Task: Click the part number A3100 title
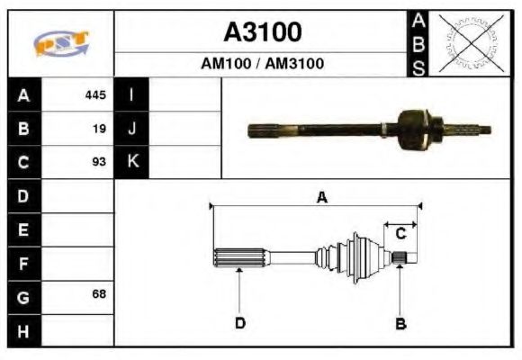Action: (262, 32)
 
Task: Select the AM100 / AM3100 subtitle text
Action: (262, 64)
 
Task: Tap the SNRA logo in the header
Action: (60, 43)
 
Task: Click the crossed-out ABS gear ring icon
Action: (468, 43)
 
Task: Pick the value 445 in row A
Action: (95, 94)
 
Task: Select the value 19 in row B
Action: (99, 129)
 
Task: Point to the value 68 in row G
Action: (98, 294)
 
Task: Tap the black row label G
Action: (23, 296)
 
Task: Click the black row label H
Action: (23, 330)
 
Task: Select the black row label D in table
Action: (23, 195)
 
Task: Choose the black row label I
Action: (131, 94)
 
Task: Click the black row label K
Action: (131, 163)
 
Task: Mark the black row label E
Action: (23, 229)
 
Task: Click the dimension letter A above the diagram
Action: (321, 198)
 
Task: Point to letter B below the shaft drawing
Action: (401, 323)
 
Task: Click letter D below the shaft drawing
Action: (240, 323)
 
